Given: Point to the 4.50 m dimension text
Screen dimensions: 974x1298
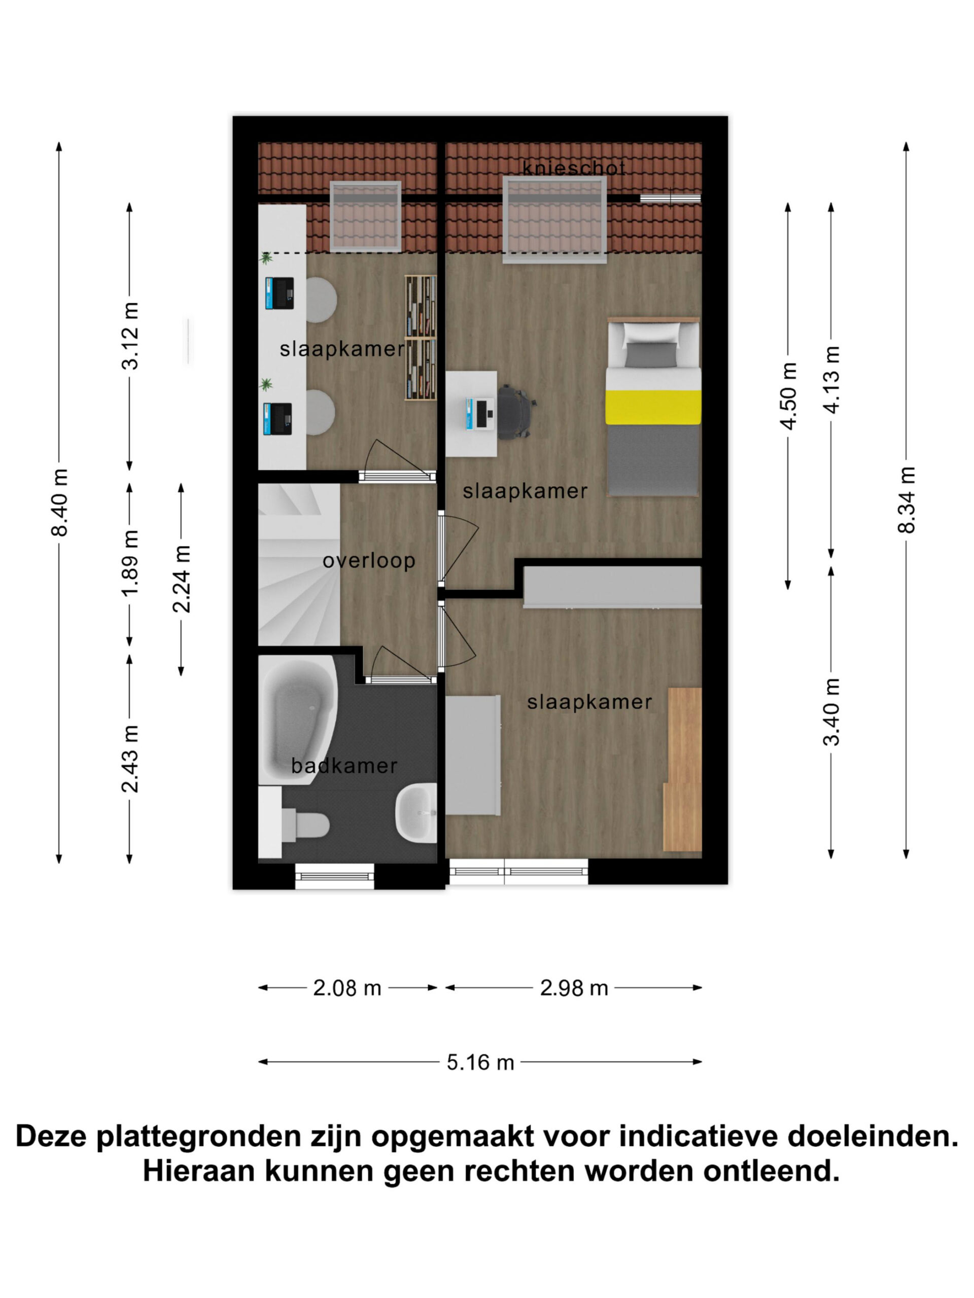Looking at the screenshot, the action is coord(788,396).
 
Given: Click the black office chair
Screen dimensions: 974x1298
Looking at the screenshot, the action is coord(516,411).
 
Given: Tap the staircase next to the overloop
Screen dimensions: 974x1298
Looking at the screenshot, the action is coord(299,564).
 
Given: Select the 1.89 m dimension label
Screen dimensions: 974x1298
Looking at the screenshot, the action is coord(131,563).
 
